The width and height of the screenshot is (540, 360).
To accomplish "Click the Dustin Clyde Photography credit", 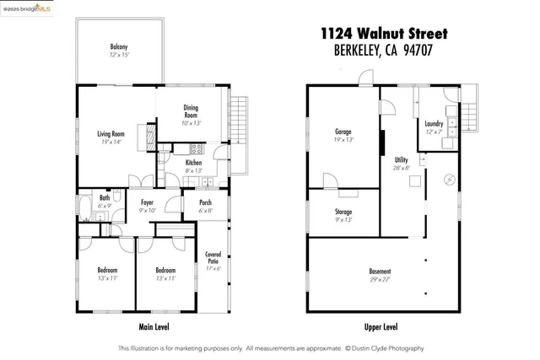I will (388, 348).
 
